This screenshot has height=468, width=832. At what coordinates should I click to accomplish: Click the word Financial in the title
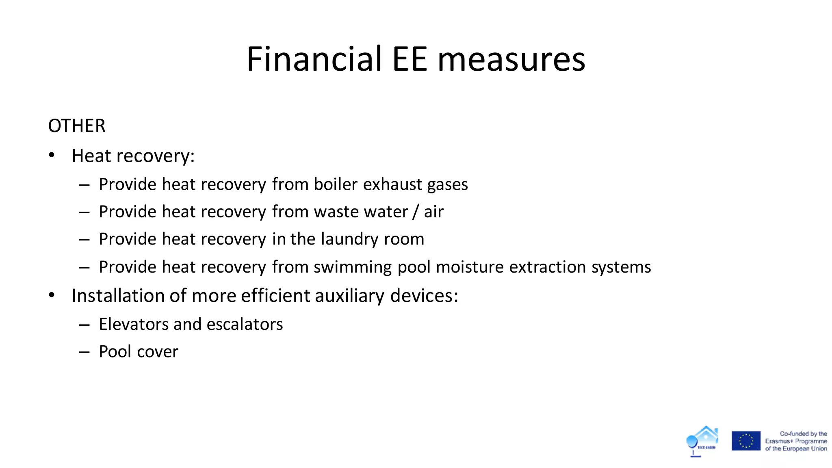tap(314, 59)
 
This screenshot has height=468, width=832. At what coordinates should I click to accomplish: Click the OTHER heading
tap(77, 126)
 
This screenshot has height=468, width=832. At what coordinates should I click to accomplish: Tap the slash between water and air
tap(416, 212)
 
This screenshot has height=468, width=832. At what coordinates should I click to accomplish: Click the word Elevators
tap(134, 324)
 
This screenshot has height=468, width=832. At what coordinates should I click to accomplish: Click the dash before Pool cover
tap(84, 352)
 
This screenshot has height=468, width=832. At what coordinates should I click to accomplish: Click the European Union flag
tap(746, 441)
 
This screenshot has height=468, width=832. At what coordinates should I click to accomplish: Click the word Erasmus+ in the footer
tap(777, 441)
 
